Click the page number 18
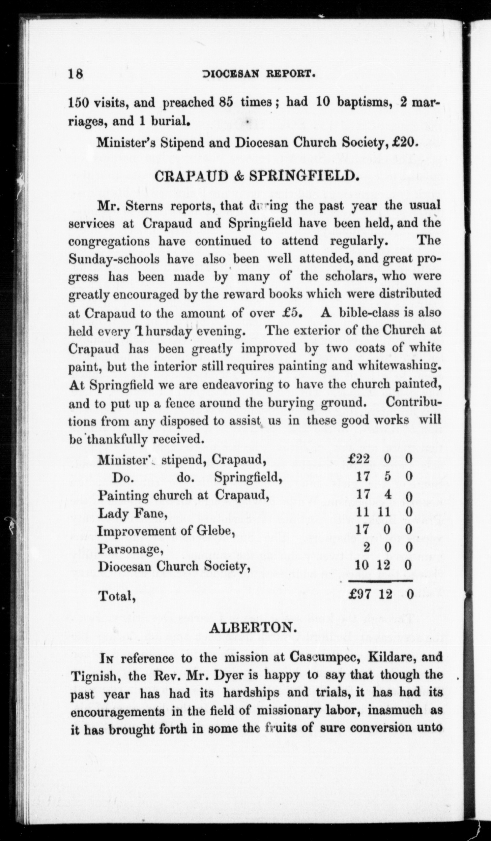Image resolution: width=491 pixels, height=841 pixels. [x=76, y=74]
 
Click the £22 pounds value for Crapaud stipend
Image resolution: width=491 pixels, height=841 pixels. [x=359, y=459]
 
